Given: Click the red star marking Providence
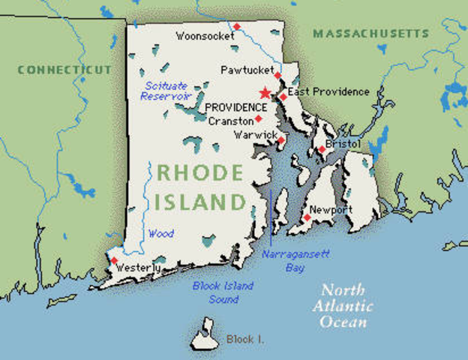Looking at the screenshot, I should coord(264,93).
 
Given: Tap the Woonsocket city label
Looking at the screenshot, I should coord(202,35).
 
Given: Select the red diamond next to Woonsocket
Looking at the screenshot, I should coord(236,27).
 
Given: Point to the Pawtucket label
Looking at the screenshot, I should coord(245,70).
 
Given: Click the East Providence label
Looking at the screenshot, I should coord(329,92).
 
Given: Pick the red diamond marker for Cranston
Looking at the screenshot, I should coord(258,118).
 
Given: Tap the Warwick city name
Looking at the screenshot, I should coord(251,136).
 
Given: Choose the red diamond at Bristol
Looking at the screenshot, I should coord(322,149).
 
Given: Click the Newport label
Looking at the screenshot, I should coord(331,209).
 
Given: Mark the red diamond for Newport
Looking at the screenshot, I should coord(307,217).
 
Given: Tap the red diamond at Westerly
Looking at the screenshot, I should coord(114,261).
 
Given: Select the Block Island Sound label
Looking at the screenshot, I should coord(223,292).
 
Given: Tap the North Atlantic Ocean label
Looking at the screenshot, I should coord(344,306).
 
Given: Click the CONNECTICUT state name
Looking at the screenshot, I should coord(64,70).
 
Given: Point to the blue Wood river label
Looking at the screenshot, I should coord(160,233).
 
